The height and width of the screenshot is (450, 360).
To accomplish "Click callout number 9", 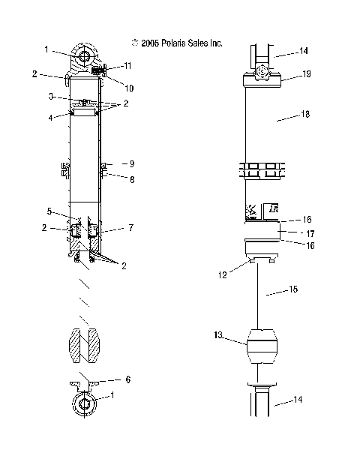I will pos(130,163).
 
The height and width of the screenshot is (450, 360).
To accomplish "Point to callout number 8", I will pos(130,179).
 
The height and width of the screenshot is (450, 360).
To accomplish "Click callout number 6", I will pos(127,380).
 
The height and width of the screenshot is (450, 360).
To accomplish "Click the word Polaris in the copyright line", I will pos(170,43).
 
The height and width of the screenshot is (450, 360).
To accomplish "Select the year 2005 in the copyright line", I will pos(148,43).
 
